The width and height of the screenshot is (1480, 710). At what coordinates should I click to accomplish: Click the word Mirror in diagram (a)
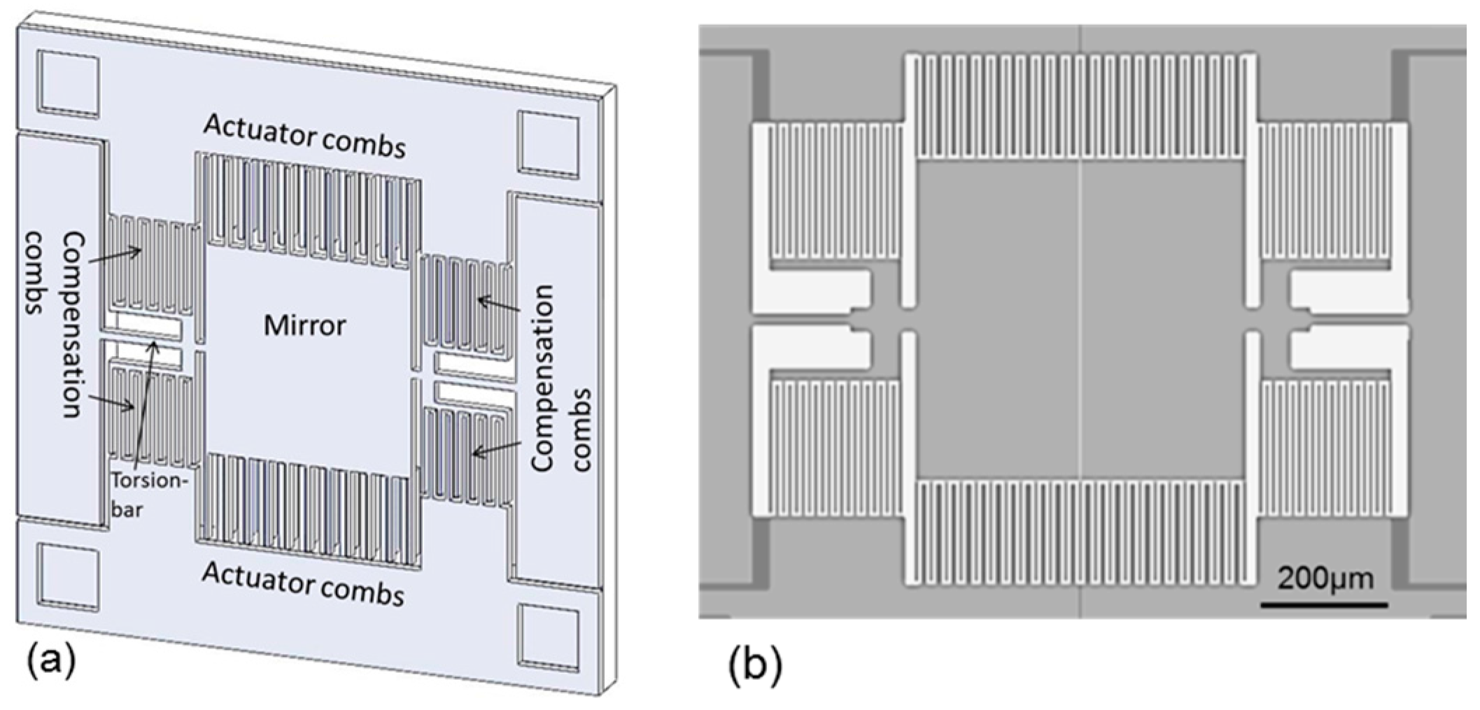(x=304, y=325)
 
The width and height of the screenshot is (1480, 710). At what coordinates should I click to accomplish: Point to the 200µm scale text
(x=1325, y=579)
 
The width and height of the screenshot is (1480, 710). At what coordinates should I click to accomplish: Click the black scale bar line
(x=1324, y=603)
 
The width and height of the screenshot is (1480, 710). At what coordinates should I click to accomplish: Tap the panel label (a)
(x=50, y=661)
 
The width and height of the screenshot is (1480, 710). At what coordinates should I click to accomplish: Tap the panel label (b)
(x=754, y=666)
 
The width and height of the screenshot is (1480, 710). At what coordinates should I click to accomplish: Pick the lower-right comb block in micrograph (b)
(x=1326, y=448)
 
